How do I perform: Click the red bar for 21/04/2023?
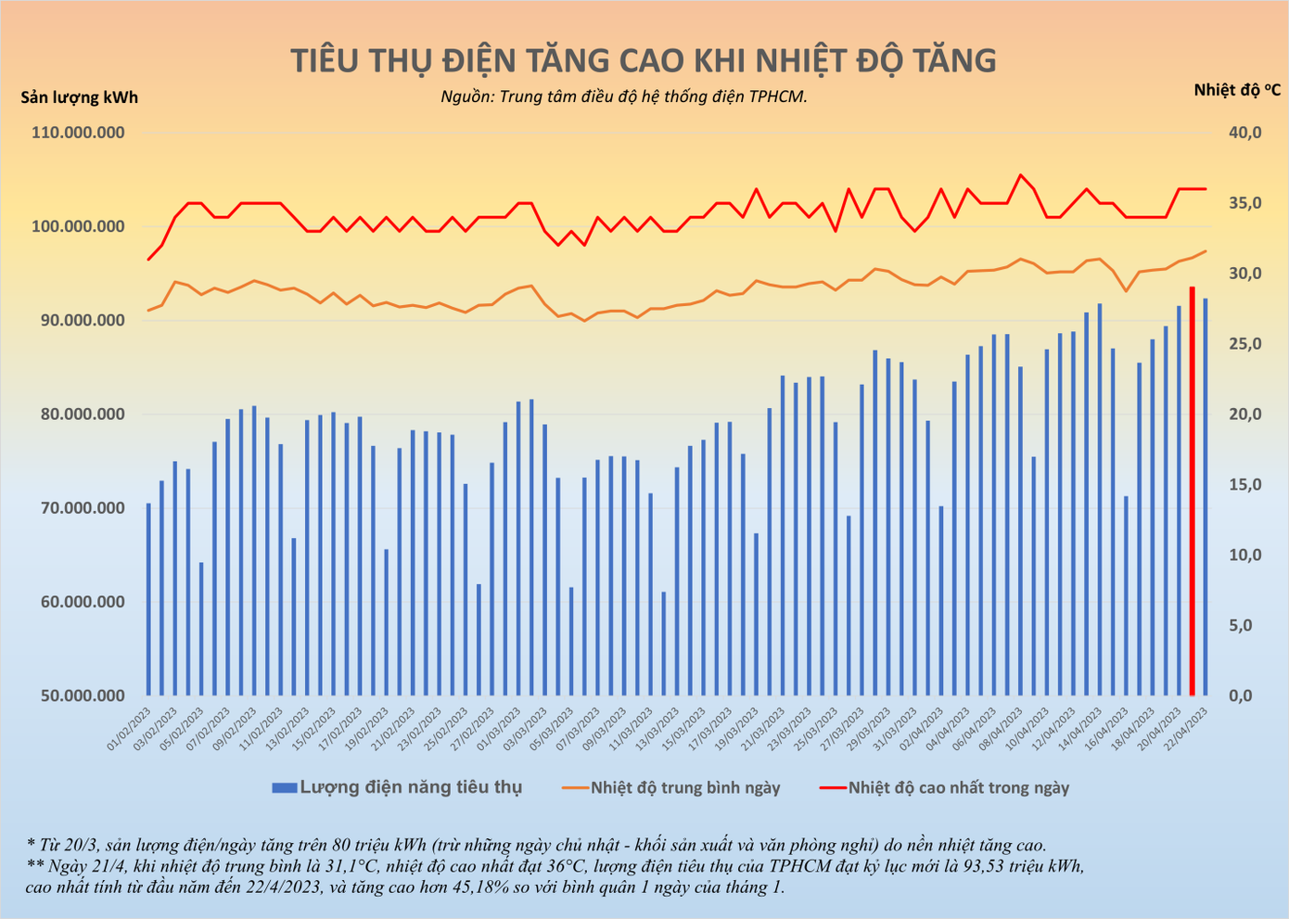point(1193,491)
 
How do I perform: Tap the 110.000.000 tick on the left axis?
point(78,133)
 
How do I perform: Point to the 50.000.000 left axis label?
point(78,696)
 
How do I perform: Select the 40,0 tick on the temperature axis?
point(1244,133)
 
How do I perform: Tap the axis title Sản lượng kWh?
point(79,96)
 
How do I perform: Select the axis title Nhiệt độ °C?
point(1237,89)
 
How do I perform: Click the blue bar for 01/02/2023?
point(148,599)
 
